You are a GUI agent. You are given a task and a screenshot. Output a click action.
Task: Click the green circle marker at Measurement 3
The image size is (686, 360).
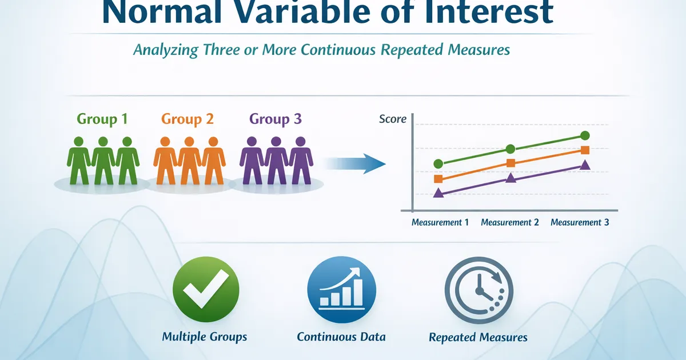click(x=585, y=135)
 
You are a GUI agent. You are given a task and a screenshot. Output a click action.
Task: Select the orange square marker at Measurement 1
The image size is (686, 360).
click(x=438, y=179)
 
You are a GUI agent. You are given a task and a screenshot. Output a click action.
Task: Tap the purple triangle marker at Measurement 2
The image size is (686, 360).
click(x=510, y=178)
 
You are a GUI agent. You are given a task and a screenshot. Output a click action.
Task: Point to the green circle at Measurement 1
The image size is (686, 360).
click(x=438, y=164)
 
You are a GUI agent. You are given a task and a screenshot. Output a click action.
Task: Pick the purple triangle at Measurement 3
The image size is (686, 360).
click(x=585, y=165)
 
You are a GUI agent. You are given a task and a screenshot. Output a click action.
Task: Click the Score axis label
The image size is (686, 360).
click(x=393, y=119)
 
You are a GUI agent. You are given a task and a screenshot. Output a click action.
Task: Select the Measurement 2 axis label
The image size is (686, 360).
click(x=509, y=222)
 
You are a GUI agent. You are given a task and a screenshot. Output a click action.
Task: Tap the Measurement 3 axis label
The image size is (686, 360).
click(x=580, y=222)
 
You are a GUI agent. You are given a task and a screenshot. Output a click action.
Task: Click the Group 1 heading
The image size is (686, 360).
click(x=102, y=119)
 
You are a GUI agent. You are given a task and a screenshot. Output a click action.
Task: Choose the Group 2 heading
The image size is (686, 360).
click(x=187, y=119)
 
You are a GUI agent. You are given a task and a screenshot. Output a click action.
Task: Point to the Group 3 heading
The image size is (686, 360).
click(x=276, y=119)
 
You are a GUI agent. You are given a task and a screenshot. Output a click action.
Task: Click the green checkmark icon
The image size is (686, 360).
click(x=206, y=289)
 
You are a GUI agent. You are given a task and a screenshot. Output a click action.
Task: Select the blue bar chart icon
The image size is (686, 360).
click(x=341, y=290)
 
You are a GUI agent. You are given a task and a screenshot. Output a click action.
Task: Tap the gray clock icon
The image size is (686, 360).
click(x=478, y=290)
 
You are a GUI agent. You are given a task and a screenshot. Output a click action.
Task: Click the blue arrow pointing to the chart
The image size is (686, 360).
click(x=355, y=164)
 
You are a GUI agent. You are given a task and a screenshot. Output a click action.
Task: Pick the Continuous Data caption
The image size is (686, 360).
click(x=341, y=337)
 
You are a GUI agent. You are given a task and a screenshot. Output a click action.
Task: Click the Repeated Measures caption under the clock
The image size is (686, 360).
click(x=478, y=337)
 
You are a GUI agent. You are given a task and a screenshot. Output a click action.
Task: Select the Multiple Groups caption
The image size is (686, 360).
click(x=204, y=337)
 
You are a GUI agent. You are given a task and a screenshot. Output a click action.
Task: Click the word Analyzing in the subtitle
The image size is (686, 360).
click(x=166, y=50)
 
